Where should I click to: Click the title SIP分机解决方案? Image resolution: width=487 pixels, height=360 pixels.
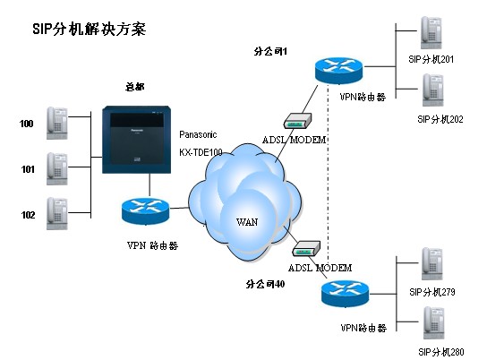90,30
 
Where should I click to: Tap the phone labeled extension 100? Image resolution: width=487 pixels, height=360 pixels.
57,123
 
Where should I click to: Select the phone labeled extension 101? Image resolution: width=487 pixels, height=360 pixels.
57,168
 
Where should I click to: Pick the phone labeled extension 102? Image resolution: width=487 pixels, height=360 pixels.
57,214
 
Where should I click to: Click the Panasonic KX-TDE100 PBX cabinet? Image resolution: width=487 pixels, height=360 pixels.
137,140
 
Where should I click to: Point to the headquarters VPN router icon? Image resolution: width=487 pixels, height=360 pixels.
145,211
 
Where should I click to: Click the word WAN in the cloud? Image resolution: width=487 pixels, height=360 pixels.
247,222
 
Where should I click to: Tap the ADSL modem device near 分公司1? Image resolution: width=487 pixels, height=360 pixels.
297,121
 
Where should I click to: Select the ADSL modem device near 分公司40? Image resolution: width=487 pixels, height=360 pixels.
306,248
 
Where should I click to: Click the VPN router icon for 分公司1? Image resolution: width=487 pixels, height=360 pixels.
338,71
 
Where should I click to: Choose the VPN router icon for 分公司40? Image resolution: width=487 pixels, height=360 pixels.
345,294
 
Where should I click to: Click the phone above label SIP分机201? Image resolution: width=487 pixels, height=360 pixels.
431,33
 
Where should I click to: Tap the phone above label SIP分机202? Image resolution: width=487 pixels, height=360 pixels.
433,90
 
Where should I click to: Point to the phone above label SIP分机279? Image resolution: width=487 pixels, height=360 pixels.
432,264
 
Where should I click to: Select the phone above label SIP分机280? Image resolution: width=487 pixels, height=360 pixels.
434,323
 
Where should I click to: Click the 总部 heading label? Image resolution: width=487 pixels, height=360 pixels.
135,87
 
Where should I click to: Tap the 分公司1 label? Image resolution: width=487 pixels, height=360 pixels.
270,51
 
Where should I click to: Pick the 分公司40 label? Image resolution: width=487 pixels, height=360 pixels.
266,284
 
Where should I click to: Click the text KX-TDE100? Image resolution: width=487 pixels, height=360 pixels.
201,152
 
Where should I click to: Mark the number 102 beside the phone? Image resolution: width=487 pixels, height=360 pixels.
28,215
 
